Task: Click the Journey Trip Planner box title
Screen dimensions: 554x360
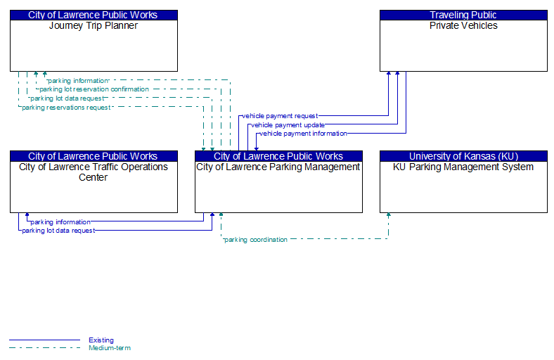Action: tap(94, 26)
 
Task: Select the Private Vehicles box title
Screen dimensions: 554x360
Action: tap(463, 26)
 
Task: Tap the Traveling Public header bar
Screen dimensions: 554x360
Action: tap(463, 15)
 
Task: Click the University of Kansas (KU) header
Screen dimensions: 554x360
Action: tap(463, 156)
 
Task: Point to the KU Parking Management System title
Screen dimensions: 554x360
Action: tap(463, 167)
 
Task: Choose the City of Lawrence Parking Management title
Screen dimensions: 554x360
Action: tap(278, 167)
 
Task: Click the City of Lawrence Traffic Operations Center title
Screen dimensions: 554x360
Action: tap(94, 172)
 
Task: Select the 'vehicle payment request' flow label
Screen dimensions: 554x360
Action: tap(280, 116)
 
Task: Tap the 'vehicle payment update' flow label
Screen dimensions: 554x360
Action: tap(288, 125)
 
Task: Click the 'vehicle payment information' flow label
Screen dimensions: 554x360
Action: tap(303, 134)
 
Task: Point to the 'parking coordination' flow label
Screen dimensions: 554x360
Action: tap(256, 240)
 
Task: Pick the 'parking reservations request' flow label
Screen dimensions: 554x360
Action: tap(66, 108)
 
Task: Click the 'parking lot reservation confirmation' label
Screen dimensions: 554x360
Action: tap(94, 89)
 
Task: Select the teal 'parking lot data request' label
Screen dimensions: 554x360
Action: tap(67, 98)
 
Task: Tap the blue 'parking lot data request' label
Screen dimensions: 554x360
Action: tap(58, 231)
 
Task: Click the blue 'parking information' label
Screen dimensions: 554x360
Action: tap(60, 222)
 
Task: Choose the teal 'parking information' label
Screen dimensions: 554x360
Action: tap(78, 81)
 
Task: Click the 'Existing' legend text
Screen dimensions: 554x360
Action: tap(101, 340)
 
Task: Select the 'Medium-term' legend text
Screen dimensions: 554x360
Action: tap(110, 348)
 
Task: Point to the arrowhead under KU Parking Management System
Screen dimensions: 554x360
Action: tap(388, 214)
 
